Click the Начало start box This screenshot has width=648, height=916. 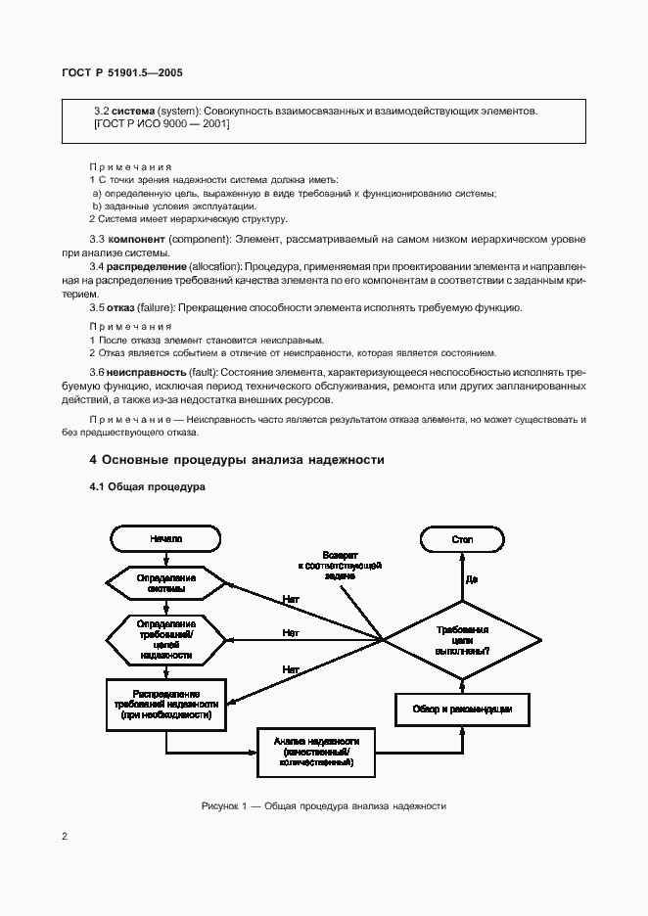point(165,538)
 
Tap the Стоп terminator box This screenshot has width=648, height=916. point(462,538)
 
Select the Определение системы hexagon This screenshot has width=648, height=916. point(165,584)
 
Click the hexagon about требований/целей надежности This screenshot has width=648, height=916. point(165,639)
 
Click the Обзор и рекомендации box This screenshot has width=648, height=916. point(462,708)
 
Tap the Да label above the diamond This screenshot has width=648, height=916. point(472,579)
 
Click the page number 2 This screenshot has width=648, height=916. point(64,837)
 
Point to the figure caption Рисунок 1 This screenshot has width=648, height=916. point(323,806)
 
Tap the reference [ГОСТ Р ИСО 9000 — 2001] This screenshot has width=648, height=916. point(161,125)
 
